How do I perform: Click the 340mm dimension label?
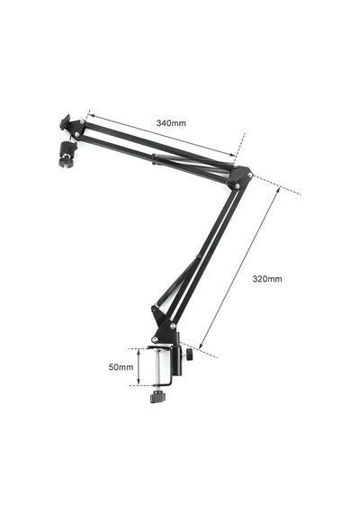(171, 123)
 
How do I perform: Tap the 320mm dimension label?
(267, 279)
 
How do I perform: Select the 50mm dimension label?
(121, 367)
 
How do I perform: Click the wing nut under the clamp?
(157, 397)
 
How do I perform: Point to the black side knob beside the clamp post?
(189, 355)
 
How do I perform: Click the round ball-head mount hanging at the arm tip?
(67, 153)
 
